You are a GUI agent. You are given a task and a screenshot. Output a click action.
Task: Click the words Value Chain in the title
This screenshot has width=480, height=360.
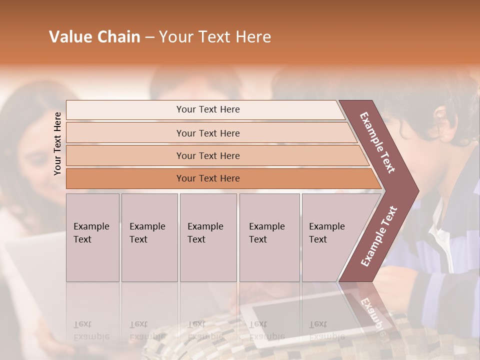click(94, 37)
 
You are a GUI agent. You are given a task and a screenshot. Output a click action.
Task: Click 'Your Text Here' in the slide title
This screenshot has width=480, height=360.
click(215, 37)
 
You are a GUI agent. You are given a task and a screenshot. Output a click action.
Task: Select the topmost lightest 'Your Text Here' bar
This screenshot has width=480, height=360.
click(208, 109)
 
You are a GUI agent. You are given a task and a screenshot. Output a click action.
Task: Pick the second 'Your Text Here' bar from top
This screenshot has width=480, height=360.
click(208, 133)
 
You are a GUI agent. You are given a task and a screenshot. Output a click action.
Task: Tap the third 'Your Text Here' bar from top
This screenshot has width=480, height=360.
click(208, 155)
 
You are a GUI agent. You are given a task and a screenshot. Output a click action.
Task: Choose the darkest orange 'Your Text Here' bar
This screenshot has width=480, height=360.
click(208, 178)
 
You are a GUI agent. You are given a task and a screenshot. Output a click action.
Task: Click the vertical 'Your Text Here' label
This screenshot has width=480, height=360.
click(57, 143)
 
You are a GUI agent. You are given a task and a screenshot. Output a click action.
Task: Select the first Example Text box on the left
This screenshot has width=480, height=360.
click(92, 237)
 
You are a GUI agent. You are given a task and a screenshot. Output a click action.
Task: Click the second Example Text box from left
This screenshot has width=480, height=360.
click(149, 237)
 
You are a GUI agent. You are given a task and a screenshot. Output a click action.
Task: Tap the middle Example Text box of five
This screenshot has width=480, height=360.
click(208, 237)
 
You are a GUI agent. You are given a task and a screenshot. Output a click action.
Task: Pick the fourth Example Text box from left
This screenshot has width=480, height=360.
click(269, 237)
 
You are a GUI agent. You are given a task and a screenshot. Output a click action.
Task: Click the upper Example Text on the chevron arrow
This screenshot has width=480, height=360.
click(377, 142)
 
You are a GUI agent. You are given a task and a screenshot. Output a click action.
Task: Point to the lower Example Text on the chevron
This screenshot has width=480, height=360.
click(379, 236)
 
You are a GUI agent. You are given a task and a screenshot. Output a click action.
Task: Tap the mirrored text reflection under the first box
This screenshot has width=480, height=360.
click(91, 330)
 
